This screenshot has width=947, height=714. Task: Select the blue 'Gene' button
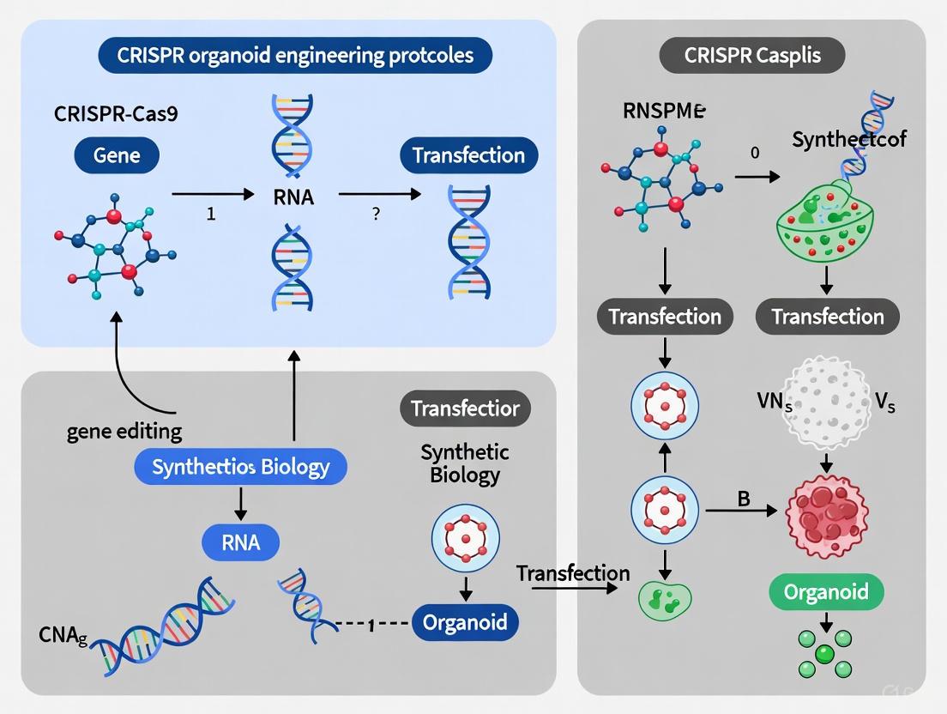pos(116,155)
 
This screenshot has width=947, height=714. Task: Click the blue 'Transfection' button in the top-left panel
pos(468,155)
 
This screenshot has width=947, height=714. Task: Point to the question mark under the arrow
pos(376,215)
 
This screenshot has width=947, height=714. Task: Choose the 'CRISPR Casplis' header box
pos(751,57)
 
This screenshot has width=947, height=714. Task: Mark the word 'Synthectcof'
pos(848,139)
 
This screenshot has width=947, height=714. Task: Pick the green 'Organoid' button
pos(825,591)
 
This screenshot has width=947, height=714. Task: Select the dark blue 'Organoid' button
pos(466,621)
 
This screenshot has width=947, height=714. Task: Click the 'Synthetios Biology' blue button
pos(240,468)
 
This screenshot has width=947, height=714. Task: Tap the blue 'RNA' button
pos(240,542)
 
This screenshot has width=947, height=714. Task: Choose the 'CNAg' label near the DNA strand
pos(63,636)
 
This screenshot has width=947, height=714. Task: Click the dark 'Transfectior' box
pos(466,408)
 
